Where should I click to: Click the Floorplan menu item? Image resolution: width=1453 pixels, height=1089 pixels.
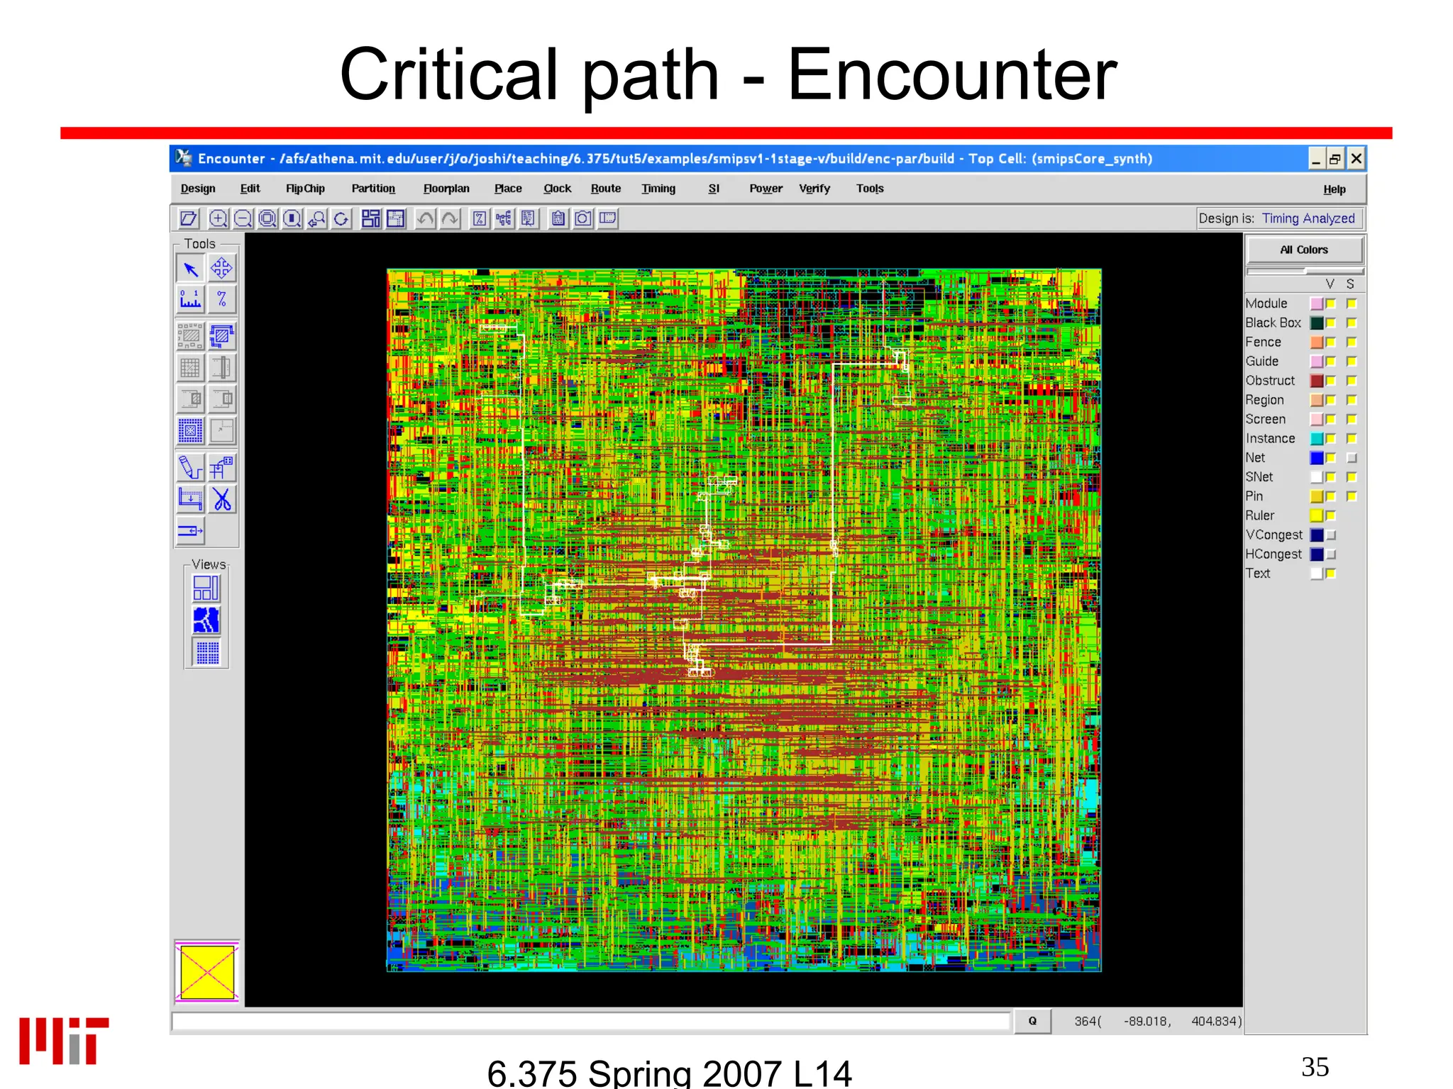(x=446, y=189)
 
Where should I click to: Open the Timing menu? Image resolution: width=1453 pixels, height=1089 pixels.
(x=658, y=189)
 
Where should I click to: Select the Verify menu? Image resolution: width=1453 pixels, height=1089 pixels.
(x=814, y=189)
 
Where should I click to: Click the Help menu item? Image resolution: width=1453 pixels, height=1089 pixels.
(x=1334, y=189)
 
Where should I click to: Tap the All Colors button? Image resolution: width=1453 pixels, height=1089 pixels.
(x=1304, y=250)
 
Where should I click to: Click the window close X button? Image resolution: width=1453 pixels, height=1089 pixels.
(x=1356, y=159)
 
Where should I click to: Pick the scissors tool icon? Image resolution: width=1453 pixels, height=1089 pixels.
(x=222, y=499)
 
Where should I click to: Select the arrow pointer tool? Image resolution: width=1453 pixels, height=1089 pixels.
(x=190, y=269)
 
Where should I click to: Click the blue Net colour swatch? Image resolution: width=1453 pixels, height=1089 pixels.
(x=1317, y=458)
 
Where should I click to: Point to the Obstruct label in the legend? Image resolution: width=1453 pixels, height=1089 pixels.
(x=1270, y=381)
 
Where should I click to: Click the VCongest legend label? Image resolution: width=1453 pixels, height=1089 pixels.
(x=1274, y=535)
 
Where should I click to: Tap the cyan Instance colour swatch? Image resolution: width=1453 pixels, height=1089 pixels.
(x=1317, y=439)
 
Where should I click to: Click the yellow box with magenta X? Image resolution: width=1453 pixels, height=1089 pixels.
(x=207, y=972)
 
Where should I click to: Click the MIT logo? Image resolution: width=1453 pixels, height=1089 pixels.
(x=64, y=1040)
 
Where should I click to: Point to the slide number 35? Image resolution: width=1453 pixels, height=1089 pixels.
(x=1315, y=1067)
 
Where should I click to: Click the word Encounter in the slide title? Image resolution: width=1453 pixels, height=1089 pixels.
(x=951, y=75)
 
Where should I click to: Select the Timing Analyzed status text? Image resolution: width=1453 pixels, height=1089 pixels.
(x=1308, y=218)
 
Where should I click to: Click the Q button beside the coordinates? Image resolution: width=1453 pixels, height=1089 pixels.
(x=1032, y=1021)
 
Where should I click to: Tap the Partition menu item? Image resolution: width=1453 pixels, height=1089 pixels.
(x=373, y=189)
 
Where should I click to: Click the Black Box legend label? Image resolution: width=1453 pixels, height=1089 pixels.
(x=1273, y=323)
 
